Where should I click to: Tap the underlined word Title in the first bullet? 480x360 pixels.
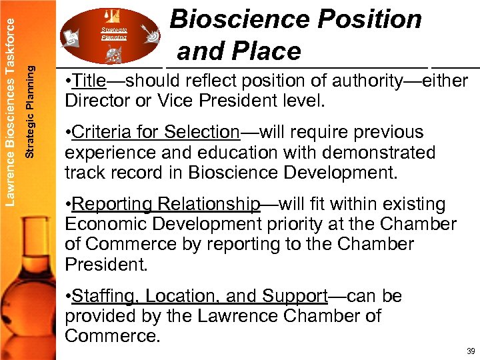[x=89, y=81]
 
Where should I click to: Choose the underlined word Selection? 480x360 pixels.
[x=201, y=132]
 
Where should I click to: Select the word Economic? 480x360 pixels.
[x=107, y=224]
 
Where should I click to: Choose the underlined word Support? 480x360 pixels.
[x=294, y=295]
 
